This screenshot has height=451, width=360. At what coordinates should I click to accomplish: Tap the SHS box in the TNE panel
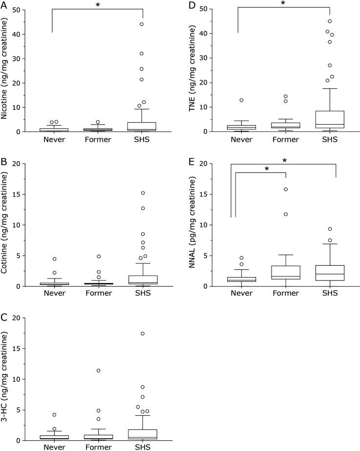(x=330, y=119)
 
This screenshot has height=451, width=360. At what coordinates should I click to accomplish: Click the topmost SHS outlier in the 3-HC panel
(x=142, y=333)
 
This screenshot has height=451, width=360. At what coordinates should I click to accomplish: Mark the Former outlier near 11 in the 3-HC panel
(x=98, y=370)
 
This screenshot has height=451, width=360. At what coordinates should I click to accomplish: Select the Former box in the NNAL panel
(x=285, y=273)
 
